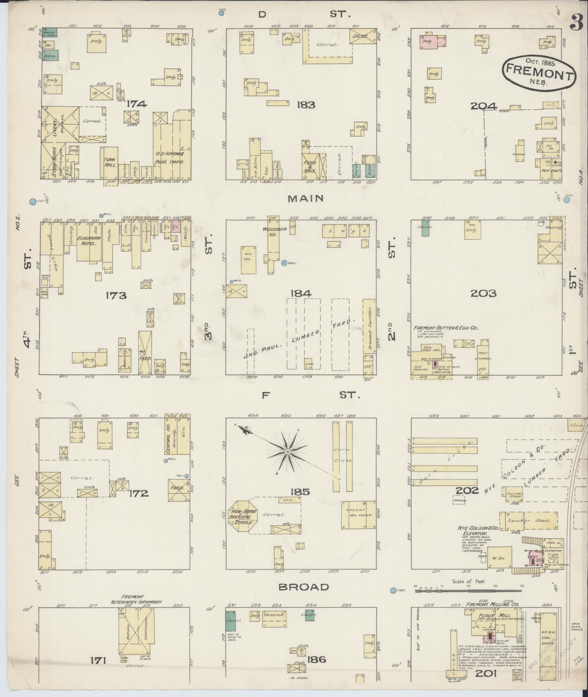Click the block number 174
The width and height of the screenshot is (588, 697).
(137, 104)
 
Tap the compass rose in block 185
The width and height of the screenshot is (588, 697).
(287, 452)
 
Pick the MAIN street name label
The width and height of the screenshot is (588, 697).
(305, 198)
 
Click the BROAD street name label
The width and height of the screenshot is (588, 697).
(304, 587)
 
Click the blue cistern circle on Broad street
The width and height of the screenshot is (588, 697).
(393, 590)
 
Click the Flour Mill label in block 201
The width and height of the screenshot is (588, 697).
(488, 616)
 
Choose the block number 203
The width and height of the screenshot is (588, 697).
(483, 293)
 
